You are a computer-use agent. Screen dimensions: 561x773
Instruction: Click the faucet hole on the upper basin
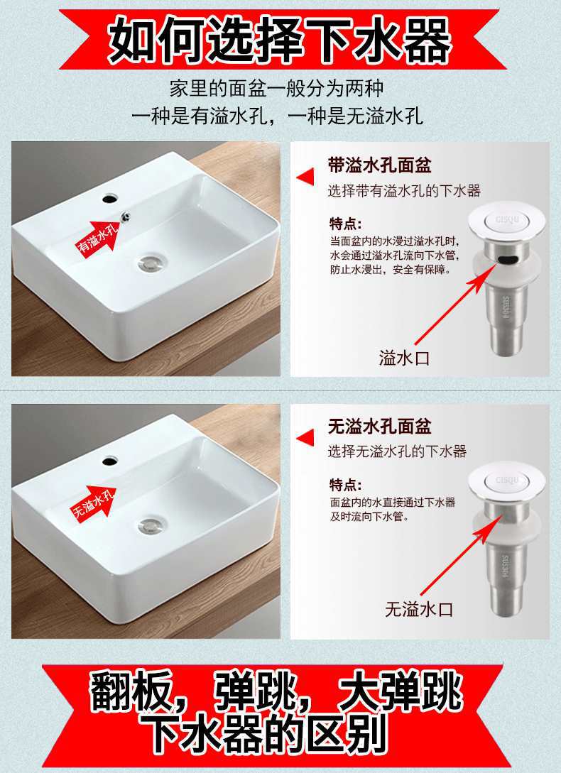pyautogui.click(x=110, y=199)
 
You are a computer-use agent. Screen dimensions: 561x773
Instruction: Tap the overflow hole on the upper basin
pyautogui.click(x=125, y=216)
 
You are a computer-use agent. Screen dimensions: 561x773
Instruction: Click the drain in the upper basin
pyautogui.click(x=153, y=263)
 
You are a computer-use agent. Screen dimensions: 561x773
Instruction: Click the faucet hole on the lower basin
pyautogui.click(x=110, y=461)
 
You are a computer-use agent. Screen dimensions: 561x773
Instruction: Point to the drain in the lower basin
pyautogui.click(x=153, y=525)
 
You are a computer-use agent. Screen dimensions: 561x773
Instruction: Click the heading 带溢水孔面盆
pyautogui.click(x=379, y=165)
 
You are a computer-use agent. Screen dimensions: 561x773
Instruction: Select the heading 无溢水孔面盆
pyautogui.click(x=379, y=427)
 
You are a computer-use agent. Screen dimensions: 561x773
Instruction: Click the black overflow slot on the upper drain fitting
pyautogui.click(x=508, y=259)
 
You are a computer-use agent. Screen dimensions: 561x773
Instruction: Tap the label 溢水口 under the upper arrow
pyautogui.click(x=404, y=358)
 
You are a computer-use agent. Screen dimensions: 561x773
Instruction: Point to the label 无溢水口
pyautogui.click(x=419, y=609)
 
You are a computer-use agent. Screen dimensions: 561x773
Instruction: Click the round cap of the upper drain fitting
pyautogui.click(x=507, y=221)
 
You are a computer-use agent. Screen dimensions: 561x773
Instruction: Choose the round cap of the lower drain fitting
pyautogui.click(x=507, y=482)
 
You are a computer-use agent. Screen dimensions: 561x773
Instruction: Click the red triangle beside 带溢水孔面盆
pyautogui.click(x=305, y=177)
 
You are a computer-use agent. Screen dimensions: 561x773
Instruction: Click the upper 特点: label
pyautogui.click(x=345, y=224)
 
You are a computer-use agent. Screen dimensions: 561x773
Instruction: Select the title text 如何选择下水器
pyautogui.click(x=280, y=40)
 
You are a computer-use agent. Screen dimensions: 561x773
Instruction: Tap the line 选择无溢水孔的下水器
pyautogui.click(x=397, y=451)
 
